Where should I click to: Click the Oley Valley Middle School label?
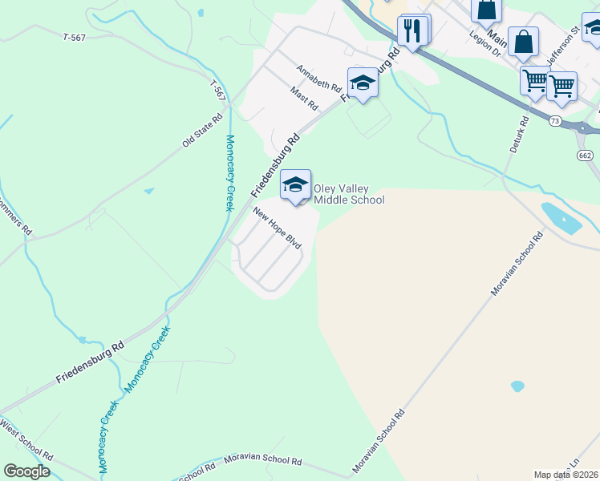point(349,194)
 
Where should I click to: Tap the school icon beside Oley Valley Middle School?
point(295,185)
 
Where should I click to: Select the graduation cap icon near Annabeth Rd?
point(363,83)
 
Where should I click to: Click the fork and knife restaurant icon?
point(411,32)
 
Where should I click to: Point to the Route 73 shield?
point(555,120)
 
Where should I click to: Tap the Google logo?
point(26,471)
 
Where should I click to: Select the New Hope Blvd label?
point(276,228)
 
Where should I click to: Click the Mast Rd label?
point(305,100)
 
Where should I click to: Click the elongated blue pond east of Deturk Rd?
point(561,217)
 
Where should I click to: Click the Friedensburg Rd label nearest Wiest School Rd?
point(91,362)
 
